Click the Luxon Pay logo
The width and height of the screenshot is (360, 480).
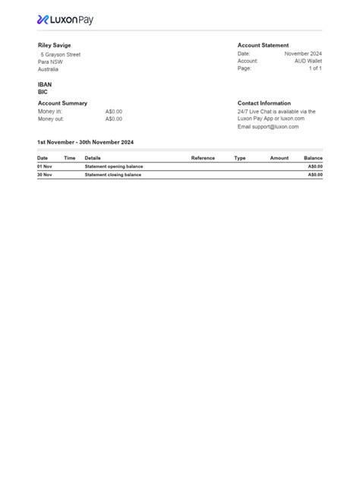pos(65,20)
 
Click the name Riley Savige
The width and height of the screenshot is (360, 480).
pos(54,46)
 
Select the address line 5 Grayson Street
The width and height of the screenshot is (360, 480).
pos(60,55)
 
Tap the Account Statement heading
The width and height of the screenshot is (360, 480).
pos(263,46)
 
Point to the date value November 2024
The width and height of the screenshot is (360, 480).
pos(303,54)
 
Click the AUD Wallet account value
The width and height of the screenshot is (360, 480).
pos(308,62)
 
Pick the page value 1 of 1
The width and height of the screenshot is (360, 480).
pos(315,68)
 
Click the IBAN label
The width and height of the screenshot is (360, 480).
pos(45,84)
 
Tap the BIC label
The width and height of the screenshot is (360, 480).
pos(43,92)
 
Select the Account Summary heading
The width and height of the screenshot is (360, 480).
pos(62,103)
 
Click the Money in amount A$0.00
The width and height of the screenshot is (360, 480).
pos(113,112)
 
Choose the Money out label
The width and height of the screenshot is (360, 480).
pos(51,119)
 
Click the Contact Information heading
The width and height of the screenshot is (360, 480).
pos(264,103)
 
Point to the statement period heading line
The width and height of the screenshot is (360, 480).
pos(85,142)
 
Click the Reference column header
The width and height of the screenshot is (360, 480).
pos(203,158)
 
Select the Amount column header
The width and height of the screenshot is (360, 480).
pos(279,158)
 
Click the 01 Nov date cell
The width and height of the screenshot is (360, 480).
pos(44,166)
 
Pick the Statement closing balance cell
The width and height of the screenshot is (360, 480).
pos(112,175)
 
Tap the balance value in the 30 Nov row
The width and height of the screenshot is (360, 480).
pos(314,175)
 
